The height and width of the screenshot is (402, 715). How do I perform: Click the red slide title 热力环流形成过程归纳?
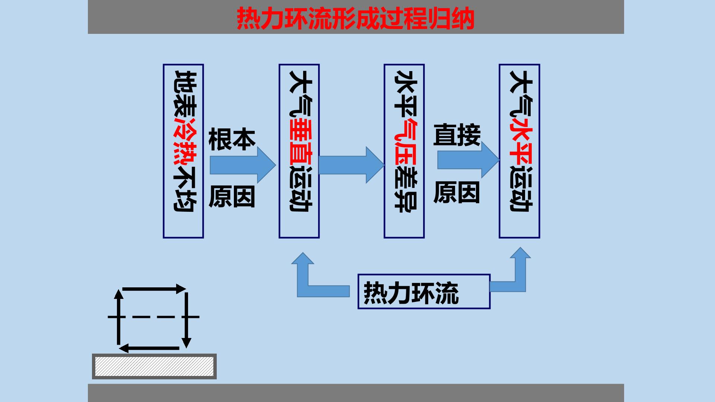356,18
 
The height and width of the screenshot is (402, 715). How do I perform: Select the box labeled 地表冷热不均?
183,151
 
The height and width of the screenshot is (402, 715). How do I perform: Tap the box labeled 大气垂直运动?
299,151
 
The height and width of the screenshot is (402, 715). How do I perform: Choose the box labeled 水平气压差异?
404,151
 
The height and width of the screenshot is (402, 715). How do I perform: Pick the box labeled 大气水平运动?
519,151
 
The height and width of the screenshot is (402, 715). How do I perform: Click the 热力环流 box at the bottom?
424,292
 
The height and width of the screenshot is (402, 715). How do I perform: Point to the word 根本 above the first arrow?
232,140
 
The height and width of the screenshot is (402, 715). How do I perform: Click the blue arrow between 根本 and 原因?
243,165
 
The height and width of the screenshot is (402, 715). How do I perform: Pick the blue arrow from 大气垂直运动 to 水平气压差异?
352,165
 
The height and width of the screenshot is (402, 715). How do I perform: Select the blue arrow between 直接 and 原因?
468,160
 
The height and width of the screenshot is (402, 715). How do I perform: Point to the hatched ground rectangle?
154,366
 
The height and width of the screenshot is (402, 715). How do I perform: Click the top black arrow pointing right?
154,289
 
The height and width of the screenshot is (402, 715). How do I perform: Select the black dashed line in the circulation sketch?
153,317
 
